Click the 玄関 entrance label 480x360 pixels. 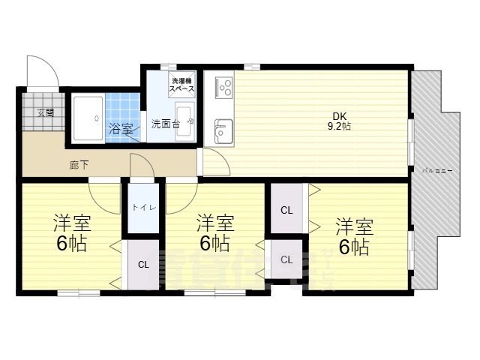45,113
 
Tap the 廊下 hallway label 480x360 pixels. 79,164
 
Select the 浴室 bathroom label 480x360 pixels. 121,127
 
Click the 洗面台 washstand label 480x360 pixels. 165,124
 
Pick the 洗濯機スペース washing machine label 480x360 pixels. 183,85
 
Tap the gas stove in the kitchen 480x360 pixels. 222,87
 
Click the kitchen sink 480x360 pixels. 223,133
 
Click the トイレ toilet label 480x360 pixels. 144,207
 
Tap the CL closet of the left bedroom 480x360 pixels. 142,264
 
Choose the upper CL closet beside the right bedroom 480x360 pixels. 286,210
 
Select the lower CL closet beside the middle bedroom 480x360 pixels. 286,259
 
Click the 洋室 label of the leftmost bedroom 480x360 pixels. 72,223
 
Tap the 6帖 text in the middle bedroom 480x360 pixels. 214,243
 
